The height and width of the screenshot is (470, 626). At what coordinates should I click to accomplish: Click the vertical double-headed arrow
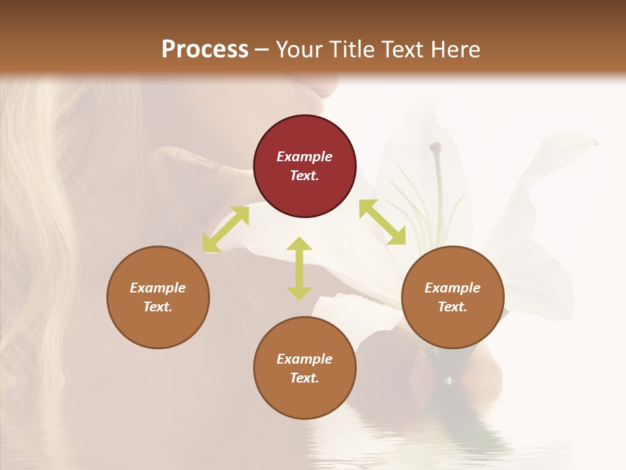299,268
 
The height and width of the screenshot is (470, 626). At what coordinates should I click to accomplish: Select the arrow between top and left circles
226,229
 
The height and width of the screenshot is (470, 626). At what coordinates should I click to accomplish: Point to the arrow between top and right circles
382,222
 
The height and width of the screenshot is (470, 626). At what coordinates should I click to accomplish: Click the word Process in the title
205,49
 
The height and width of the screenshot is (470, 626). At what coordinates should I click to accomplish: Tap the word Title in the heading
350,49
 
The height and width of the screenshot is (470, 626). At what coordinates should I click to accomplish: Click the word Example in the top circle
305,157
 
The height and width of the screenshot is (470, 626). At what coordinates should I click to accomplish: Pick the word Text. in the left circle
158,307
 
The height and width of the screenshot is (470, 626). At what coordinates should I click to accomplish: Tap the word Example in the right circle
453,288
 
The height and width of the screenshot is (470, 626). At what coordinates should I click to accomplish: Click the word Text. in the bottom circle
305,378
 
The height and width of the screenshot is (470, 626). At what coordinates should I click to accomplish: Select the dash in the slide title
262,50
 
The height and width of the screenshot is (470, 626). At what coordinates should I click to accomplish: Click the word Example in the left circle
158,288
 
